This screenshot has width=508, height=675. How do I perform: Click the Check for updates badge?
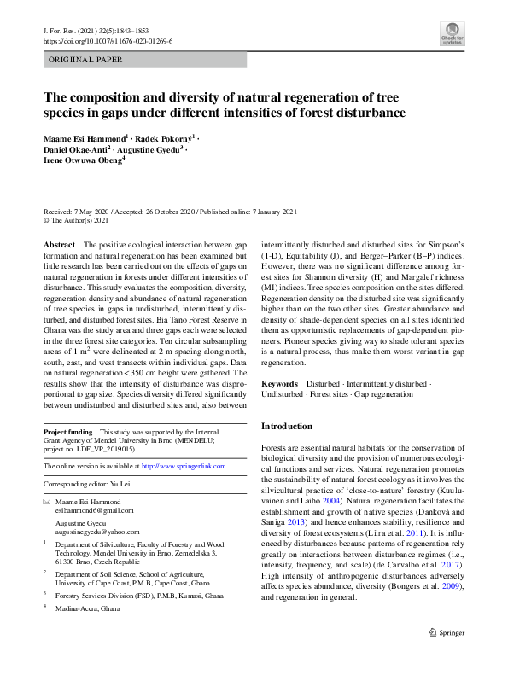point(453,35)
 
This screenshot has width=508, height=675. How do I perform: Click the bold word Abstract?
point(59,245)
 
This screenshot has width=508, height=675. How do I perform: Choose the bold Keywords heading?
point(280,385)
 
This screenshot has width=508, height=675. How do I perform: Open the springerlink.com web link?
point(184,466)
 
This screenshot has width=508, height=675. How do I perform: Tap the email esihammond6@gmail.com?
point(89,510)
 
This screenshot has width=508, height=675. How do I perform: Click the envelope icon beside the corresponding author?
point(47,502)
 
